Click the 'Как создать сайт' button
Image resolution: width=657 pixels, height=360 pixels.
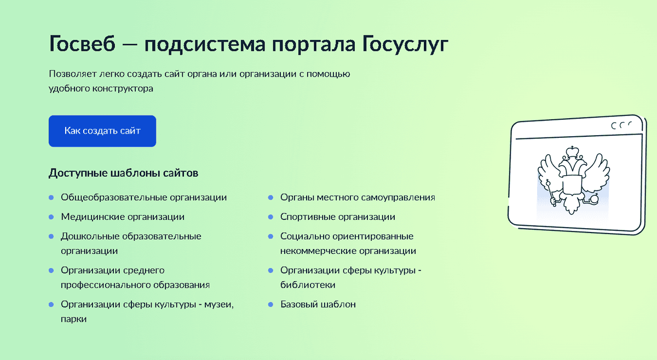[102, 131]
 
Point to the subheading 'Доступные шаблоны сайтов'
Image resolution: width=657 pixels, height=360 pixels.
[123, 173]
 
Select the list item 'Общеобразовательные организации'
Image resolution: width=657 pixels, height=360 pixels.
[143, 197]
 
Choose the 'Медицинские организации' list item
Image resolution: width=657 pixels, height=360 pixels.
[123, 217]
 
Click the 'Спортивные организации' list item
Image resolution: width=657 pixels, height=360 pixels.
[337, 217]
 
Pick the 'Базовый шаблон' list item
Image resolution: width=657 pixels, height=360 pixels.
[318, 304]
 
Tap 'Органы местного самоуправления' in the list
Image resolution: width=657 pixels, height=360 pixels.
[358, 197]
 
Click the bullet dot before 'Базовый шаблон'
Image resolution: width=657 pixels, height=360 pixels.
[270, 304]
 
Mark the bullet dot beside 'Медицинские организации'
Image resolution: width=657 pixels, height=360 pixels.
[51, 217]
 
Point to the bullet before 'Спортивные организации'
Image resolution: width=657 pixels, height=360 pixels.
[270, 217]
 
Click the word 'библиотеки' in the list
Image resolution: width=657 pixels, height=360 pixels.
[308, 284]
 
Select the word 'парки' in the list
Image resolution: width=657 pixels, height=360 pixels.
[74, 318]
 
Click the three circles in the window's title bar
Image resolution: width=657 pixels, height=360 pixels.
[621, 125]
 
